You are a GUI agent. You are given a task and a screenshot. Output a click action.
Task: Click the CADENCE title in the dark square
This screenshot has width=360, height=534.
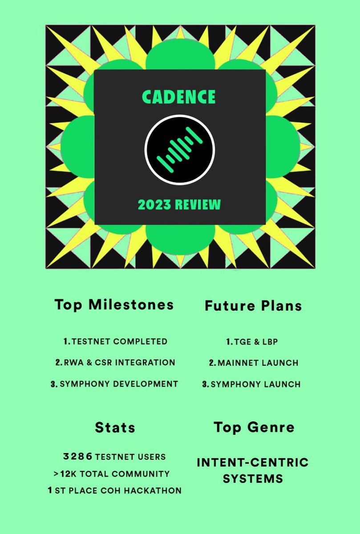click(x=179, y=97)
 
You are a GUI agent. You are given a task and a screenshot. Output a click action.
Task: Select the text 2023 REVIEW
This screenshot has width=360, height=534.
click(x=179, y=205)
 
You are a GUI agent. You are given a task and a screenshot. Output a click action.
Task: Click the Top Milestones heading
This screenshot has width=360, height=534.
click(x=114, y=305)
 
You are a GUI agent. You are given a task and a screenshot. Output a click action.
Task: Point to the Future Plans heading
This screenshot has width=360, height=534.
click(x=253, y=306)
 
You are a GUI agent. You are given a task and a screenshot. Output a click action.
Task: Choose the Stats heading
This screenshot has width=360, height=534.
click(x=115, y=428)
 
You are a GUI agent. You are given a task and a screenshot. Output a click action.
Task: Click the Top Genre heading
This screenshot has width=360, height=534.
click(x=254, y=427)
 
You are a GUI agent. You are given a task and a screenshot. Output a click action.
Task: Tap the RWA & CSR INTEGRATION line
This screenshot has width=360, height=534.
click(x=115, y=362)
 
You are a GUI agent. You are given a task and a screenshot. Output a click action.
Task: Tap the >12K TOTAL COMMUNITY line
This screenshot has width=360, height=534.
click(x=112, y=473)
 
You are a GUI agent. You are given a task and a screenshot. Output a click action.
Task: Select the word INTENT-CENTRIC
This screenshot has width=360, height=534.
click(x=252, y=462)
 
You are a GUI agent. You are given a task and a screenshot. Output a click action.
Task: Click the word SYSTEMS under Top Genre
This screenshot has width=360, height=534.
click(x=253, y=479)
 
